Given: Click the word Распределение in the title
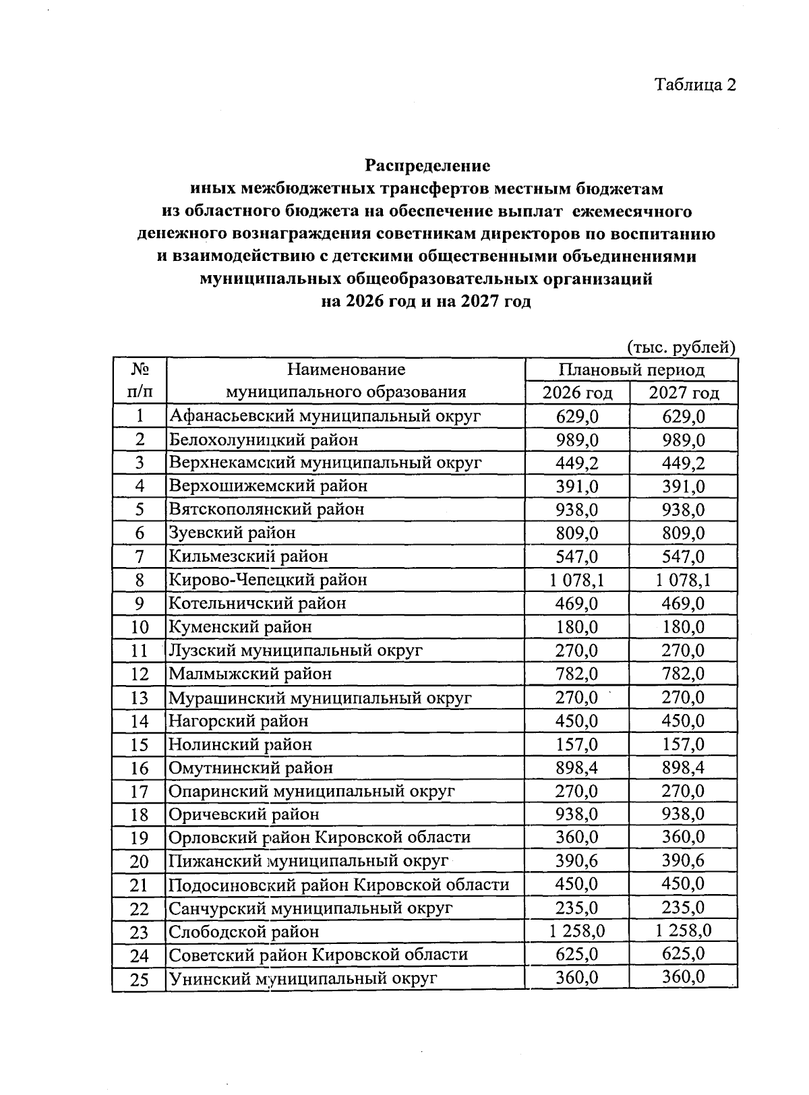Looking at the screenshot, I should [x=427, y=165].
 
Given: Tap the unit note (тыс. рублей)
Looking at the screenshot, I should [x=681, y=347].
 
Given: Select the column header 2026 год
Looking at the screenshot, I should [x=577, y=392].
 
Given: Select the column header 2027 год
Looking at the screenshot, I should [x=683, y=392].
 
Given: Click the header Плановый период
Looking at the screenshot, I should [x=631, y=369].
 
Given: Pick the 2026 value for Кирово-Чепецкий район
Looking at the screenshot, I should [x=577, y=579].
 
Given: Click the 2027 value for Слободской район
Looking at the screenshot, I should [x=683, y=931].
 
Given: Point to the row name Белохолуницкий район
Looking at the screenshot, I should [x=264, y=440].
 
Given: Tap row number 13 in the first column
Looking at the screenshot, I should [x=140, y=698].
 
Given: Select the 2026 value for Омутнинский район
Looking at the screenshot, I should [x=577, y=767].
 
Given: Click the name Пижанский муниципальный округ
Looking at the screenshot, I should [x=308, y=861].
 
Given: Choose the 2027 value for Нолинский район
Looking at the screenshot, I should [x=683, y=744].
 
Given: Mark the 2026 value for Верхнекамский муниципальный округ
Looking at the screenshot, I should [x=577, y=463].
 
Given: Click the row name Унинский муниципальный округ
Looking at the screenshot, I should [x=303, y=978].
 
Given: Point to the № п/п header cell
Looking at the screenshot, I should [x=140, y=380].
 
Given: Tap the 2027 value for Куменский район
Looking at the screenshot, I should [x=683, y=626].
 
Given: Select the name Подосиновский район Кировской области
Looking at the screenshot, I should [x=338, y=885].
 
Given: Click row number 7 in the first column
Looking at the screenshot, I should [x=140, y=556].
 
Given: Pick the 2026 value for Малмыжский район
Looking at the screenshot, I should [x=577, y=674].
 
